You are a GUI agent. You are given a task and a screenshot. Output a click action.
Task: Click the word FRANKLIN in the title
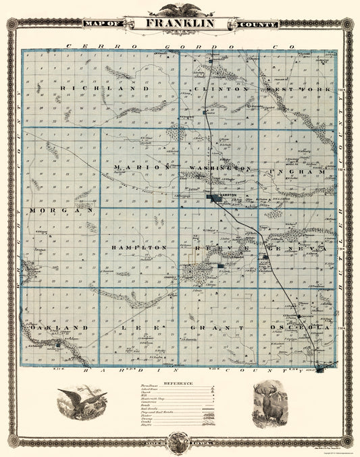(178, 23)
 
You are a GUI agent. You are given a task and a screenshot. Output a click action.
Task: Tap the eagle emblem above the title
(179, 9)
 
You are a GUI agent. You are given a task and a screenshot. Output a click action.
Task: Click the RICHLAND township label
(103, 88)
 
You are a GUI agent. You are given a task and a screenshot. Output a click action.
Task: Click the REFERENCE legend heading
(176, 383)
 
